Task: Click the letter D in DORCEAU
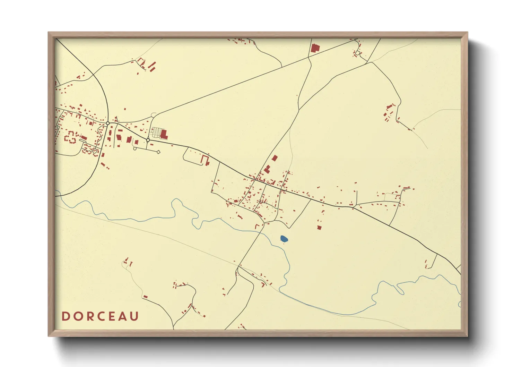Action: click(65, 316)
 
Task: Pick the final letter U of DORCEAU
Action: click(134, 316)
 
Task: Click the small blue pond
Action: click(284, 239)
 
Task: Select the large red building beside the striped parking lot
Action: click(164, 134)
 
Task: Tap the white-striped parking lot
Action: click(156, 132)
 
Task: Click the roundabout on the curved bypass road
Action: click(108, 123)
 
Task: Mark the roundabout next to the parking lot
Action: click(148, 140)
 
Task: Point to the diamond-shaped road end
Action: click(158, 152)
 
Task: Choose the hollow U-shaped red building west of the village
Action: click(205, 160)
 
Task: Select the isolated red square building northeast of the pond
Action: click(319, 228)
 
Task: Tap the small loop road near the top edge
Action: click(358, 53)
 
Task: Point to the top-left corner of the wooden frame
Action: click(49, 33)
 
